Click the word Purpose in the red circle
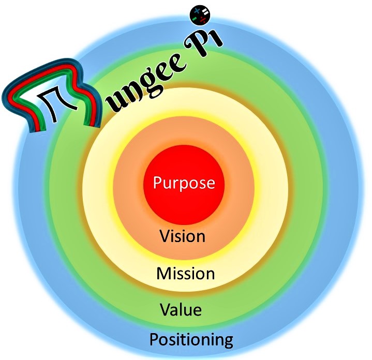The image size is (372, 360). click(x=184, y=183)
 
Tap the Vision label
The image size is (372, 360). click(x=183, y=236)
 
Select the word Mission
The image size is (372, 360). click(x=185, y=273)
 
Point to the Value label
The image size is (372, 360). click(x=181, y=310)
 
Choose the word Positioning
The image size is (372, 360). click(x=191, y=340)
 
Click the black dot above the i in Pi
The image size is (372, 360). click(x=200, y=14)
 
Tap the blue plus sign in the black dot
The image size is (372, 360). click(x=197, y=10)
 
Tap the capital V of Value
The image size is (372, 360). click(x=165, y=310)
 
